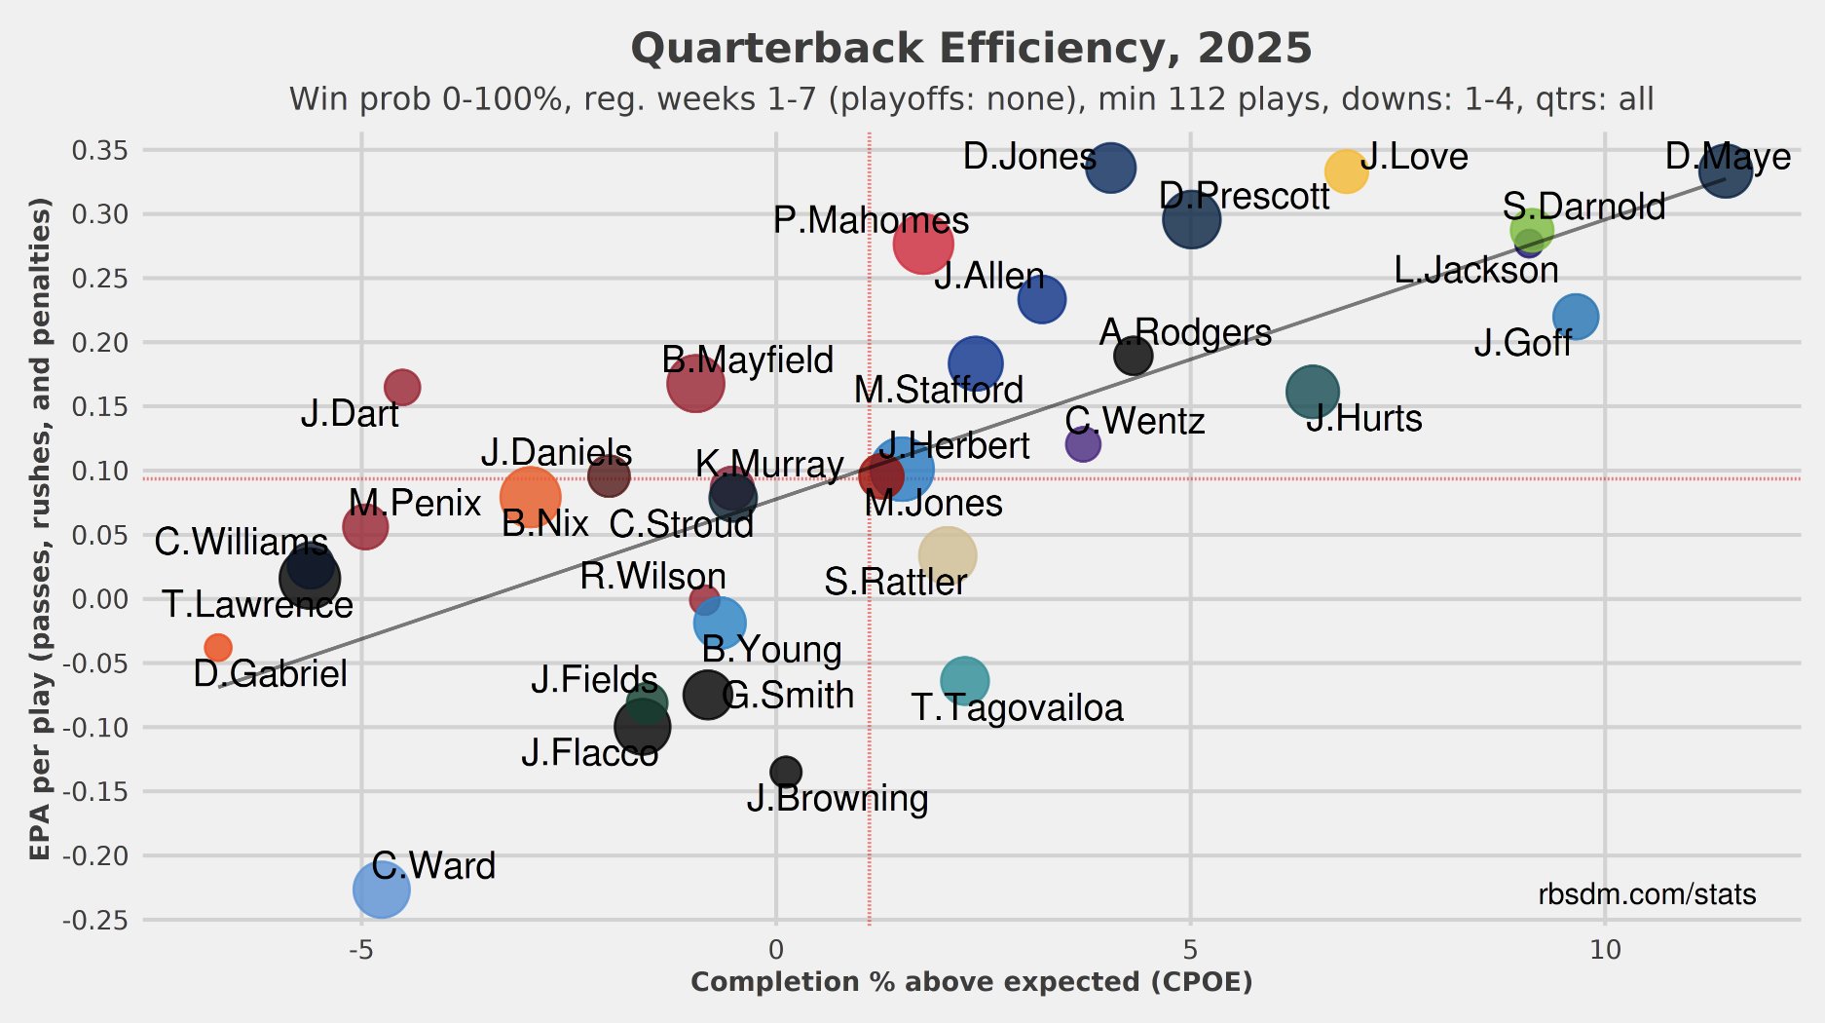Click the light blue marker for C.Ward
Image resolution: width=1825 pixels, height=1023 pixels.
(x=381, y=889)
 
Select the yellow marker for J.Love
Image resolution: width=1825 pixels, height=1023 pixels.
(x=1345, y=171)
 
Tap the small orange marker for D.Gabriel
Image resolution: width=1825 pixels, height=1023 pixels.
(x=218, y=647)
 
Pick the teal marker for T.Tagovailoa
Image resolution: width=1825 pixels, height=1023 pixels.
(x=964, y=680)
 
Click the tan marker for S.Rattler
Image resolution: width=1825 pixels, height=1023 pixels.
(x=946, y=555)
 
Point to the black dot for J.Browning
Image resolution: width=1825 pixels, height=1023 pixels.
(x=785, y=772)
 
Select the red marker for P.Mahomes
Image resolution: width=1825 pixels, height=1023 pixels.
(x=922, y=244)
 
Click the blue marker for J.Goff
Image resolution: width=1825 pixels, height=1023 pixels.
(x=1575, y=316)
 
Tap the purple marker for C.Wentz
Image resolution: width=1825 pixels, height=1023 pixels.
(x=1082, y=444)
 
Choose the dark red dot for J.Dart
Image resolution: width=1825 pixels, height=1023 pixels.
(x=402, y=387)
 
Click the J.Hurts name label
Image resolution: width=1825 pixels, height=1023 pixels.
(x=1363, y=419)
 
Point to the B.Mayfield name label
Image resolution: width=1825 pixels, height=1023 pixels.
(x=747, y=360)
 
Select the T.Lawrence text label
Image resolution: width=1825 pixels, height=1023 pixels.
(x=257, y=605)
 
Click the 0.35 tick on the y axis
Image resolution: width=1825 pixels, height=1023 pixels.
(x=99, y=150)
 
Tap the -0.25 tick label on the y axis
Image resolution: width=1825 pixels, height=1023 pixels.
(x=95, y=920)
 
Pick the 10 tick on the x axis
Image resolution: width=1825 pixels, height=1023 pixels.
(x=1605, y=949)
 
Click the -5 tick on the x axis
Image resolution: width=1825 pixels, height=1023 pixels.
(x=361, y=949)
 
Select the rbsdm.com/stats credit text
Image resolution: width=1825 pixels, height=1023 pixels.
(x=1647, y=894)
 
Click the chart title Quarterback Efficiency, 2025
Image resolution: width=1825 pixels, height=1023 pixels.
(x=971, y=49)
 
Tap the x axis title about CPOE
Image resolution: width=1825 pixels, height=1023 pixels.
(x=971, y=982)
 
